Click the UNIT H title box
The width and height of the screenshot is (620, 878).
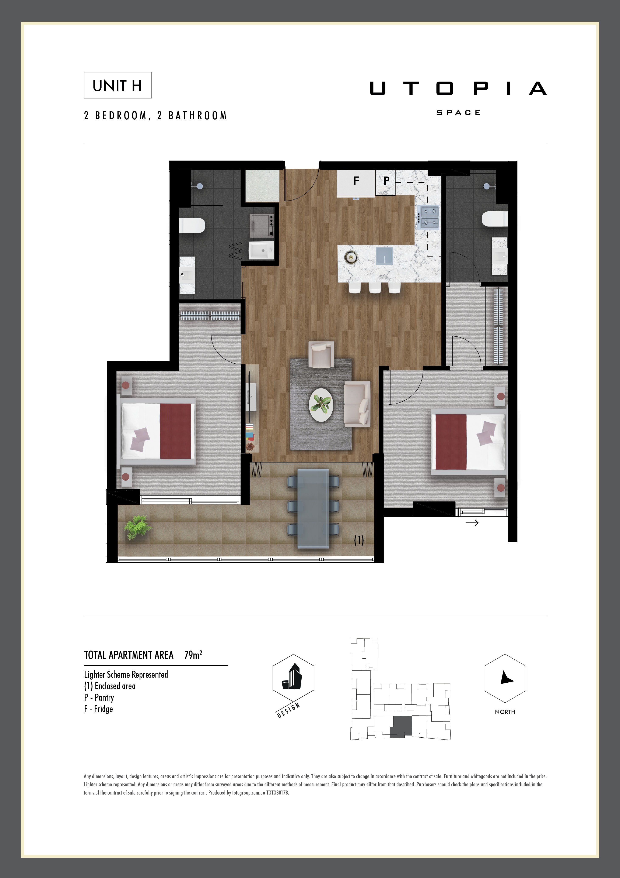[x=118, y=85]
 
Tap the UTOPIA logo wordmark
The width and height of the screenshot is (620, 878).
[x=458, y=89]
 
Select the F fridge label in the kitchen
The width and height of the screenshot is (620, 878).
[x=356, y=181]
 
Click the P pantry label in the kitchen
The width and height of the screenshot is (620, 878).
[x=386, y=181]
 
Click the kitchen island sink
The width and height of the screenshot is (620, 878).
[x=384, y=255]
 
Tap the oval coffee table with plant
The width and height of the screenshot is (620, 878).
[x=321, y=405]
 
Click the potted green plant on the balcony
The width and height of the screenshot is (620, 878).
[x=137, y=527]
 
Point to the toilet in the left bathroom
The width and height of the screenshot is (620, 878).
[x=192, y=225]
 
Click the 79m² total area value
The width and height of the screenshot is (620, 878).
[x=193, y=655]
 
